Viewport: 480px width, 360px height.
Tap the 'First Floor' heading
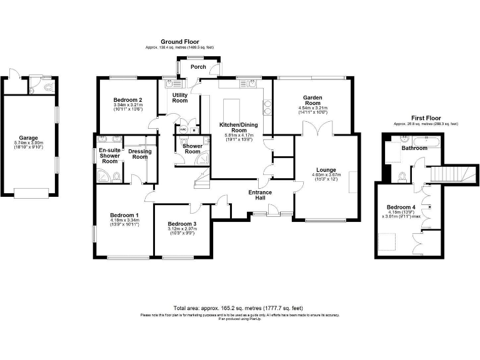(x=426, y=117)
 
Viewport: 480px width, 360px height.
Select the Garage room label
(x=28, y=137)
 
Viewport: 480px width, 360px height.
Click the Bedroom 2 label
(x=127, y=100)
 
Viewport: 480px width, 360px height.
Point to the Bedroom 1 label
(x=124, y=215)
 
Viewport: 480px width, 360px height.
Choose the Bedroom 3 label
(x=182, y=224)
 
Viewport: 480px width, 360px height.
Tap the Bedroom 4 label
(x=401, y=207)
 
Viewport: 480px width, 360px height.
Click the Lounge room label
(x=326, y=169)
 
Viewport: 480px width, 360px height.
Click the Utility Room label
(x=180, y=97)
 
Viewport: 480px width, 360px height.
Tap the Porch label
(x=198, y=67)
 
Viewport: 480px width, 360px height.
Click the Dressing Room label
(x=140, y=154)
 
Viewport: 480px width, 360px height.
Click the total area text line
(x=239, y=308)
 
